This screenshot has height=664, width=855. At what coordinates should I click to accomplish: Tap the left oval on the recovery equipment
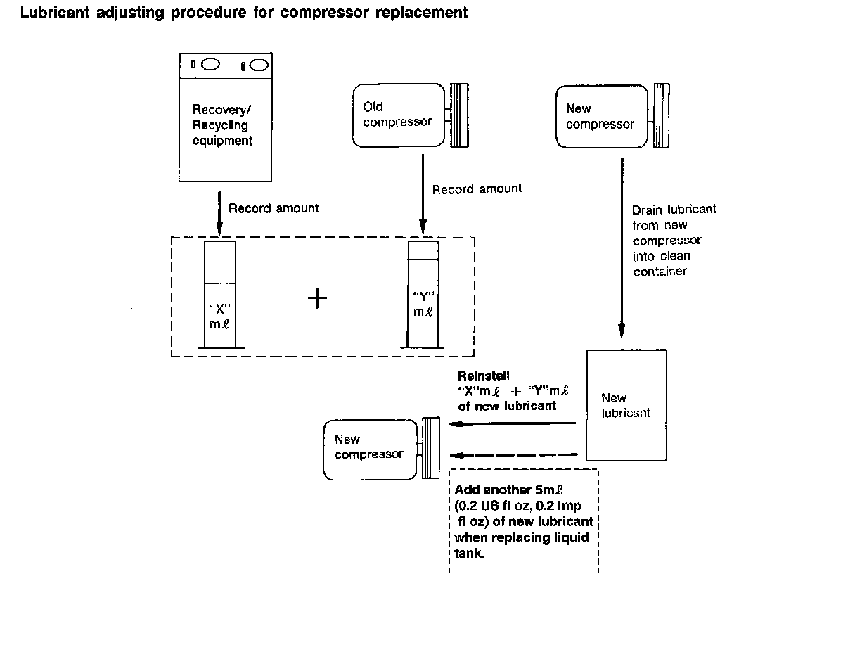[210, 65]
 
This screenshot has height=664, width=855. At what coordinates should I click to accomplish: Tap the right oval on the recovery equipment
[259, 65]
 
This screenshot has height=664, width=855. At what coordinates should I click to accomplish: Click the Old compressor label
[397, 115]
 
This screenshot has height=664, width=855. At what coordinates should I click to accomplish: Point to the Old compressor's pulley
[459, 115]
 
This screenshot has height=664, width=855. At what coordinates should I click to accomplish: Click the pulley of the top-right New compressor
[661, 115]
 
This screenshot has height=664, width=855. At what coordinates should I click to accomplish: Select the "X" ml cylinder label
[221, 316]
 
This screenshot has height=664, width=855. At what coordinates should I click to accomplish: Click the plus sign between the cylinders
[318, 298]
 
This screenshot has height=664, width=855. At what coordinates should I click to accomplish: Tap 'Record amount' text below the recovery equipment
[274, 208]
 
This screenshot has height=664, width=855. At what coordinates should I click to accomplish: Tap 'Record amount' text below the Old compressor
[477, 189]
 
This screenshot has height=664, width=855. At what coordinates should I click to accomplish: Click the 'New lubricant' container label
[626, 406]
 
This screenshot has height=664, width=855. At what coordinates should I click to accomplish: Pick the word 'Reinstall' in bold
[484, 376]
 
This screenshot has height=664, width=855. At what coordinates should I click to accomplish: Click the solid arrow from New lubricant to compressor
[513, 423]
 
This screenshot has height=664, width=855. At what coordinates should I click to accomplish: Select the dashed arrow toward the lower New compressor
[513, 454]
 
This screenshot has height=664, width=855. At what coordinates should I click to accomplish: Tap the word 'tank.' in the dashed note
[470, 554]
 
